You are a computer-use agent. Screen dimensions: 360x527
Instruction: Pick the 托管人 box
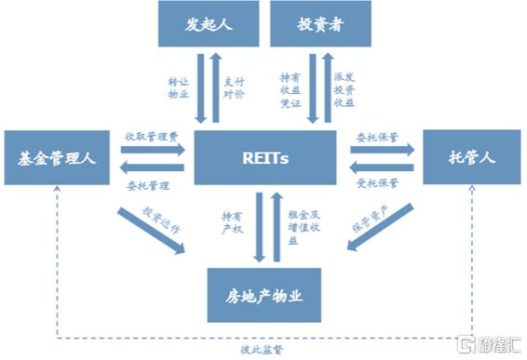(x=472, y=159)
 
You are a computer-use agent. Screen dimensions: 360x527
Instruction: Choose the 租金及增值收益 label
(x=297, y=226)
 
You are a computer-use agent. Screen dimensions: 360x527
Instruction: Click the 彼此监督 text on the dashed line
(x=265, y=349)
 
